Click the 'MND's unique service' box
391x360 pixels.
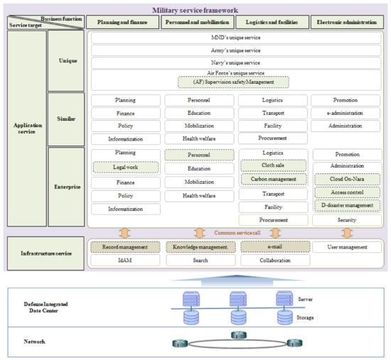236,36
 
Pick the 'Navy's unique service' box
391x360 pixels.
236,62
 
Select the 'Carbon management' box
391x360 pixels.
273,179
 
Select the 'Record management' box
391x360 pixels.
124,247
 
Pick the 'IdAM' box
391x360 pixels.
124,261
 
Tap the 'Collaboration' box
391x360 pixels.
273,261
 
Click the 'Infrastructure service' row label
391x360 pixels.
44,252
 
